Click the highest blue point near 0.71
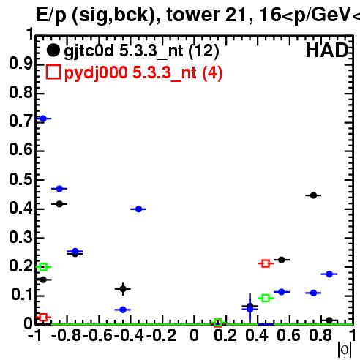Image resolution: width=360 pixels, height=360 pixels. point(43,119)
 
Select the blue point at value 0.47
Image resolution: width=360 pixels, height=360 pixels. point(59,189)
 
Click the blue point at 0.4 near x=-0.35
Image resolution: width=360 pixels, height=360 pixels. point(138,209)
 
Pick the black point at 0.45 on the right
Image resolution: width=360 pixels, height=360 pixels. point(313,195)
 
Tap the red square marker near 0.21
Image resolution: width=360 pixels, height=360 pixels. point(266,263)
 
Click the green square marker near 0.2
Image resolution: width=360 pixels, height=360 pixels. point(43,267)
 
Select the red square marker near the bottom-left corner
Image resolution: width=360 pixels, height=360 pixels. point(43,318)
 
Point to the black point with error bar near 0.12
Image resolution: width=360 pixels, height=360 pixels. point(123,289)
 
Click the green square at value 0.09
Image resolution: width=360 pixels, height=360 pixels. point(266,298)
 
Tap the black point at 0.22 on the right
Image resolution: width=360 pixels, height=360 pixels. point(282,260)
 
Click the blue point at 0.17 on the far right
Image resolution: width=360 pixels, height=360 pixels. point(329,274)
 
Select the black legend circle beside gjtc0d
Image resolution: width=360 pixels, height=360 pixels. point(53,50)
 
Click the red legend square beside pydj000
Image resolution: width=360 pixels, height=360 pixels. point(53,72)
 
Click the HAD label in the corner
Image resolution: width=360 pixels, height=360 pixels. point(327,50)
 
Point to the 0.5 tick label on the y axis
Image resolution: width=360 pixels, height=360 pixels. point(20,180)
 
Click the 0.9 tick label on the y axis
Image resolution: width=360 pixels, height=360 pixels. point(20,64)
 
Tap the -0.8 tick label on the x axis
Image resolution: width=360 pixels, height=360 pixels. point(67,336)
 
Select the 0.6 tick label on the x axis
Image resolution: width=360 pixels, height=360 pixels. point(288,336)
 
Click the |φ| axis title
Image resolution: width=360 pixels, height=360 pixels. point(345,350)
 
